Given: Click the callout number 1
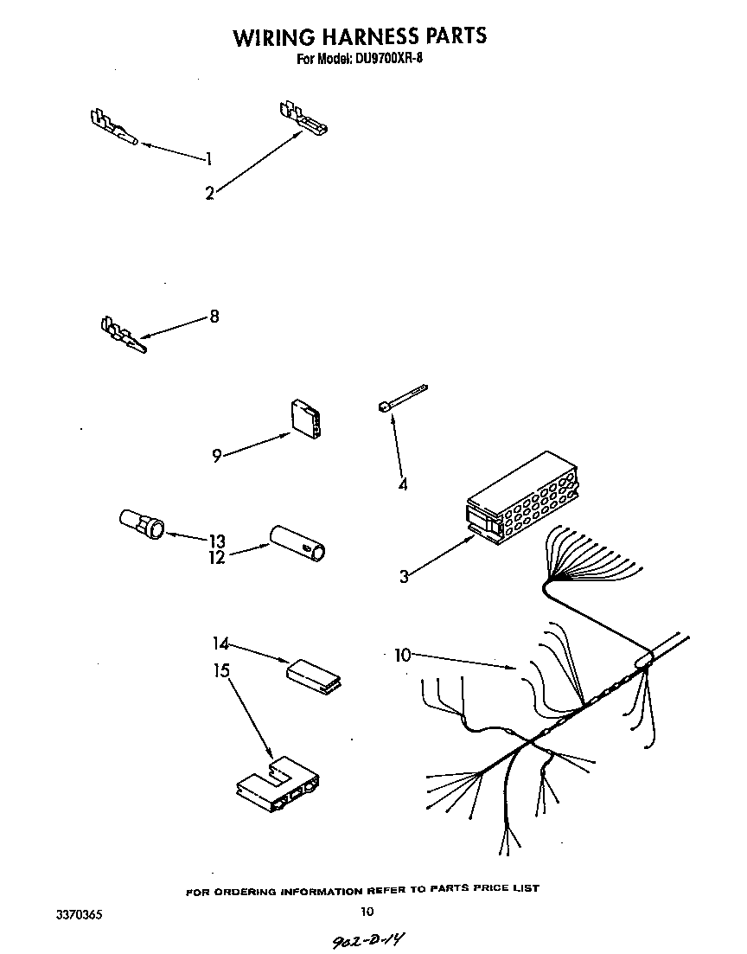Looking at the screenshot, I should click(208, 158).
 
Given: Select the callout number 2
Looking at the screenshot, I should click(209, 194).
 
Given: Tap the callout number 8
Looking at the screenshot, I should click(214, 317).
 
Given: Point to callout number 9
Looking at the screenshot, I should click(217, 455).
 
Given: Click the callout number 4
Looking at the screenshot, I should click(403, 484).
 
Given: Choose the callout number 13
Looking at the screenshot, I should click(216, 541).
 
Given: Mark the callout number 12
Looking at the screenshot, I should click(216, 558).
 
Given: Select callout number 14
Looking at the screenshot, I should click(220, 643).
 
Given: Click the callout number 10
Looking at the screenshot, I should click(402, 656).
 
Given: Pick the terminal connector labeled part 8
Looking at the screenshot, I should click(123, 335).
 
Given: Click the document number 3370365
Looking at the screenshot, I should click(78, 912).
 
